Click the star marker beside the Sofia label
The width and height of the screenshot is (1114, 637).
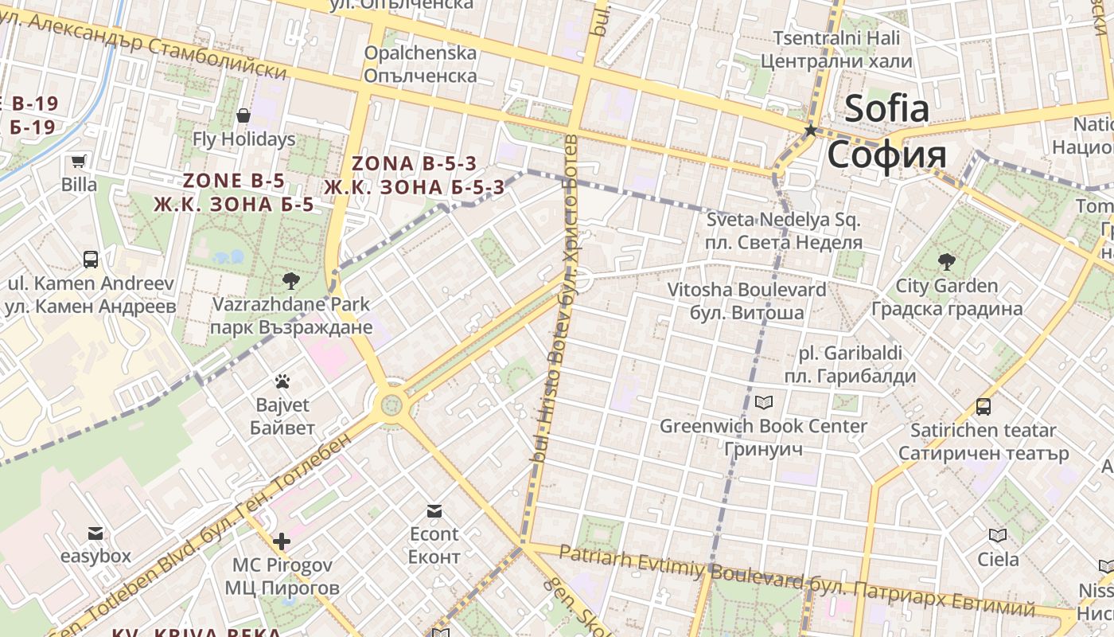(x=811, y=130)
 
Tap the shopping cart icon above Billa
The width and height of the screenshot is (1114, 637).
(x=79, y=162)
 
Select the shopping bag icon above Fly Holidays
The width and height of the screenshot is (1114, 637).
(x=243, y=116)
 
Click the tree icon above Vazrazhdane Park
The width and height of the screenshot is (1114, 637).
(x=291, y=280)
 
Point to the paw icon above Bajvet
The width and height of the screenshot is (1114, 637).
(x=282, y=381)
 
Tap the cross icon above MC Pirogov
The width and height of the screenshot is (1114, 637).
(x=281, y=541)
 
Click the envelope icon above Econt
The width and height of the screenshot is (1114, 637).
(x=434, y=510)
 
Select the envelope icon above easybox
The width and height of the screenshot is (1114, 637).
(x=95, y=533)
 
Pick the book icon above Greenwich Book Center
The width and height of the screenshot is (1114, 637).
(x=764, y=402)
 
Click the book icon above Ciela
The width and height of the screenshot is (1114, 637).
(x=998, y=535)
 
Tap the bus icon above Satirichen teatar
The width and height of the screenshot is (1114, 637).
(x=984, y=407)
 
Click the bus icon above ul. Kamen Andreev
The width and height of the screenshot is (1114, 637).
(x=91, y=259)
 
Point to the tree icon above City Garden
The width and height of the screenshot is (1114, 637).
(x=947, y=261)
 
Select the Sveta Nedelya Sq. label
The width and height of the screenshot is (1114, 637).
(x=784, y=230)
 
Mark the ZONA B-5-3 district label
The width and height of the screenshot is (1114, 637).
(x=414, y=175)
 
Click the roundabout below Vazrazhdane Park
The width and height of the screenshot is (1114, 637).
(x=391, y=405)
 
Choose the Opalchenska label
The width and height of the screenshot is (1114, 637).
(x=420, y=64)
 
